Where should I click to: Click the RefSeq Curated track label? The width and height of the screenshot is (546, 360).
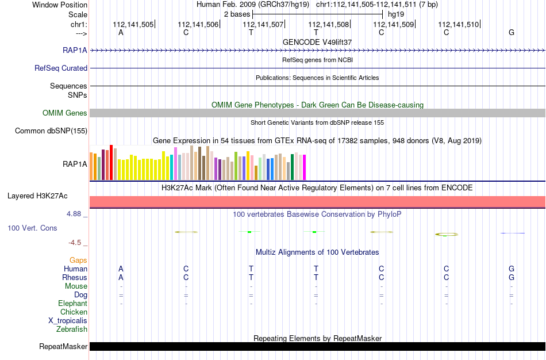coord(61,68)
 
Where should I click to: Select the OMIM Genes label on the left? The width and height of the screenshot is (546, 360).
coord(65,113)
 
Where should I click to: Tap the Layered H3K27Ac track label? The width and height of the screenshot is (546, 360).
coord(37,196)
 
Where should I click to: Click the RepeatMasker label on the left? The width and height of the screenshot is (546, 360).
coord(63,346)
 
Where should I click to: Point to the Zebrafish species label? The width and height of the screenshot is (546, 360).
coord(72,329)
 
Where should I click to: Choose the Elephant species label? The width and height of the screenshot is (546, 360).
coord(73,303)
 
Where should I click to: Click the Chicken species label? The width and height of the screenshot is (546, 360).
coord(74,312)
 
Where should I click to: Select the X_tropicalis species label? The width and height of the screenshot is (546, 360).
coord(68,321)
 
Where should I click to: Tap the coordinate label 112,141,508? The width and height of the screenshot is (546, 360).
coord(328,24)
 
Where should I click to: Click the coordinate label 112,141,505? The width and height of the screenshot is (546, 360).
coord(133,24)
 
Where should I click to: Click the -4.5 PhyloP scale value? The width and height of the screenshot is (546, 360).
coord(75,243)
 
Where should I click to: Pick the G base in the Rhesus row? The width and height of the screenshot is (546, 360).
coord(512,277)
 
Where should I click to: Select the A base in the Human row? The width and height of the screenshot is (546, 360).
coord(121,269)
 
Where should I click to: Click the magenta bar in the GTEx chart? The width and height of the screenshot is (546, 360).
coord(305,167)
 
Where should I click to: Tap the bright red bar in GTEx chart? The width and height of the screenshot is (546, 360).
coord(111,162)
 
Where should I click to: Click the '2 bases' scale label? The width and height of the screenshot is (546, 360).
coord(237,14)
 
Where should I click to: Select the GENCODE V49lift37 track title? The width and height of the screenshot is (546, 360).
coord(317,42)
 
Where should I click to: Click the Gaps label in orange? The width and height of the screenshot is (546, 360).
coord(78,261)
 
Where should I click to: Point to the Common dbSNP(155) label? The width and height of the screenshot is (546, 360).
coord(51,131)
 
